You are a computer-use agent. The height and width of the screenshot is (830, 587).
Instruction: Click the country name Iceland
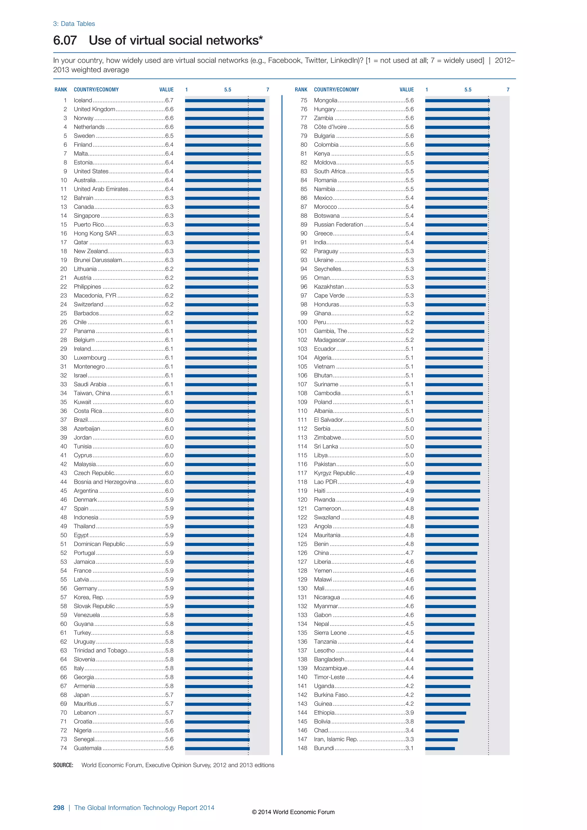(x=83, y=101)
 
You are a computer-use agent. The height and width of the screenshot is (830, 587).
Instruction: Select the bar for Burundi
(x=440, y=748)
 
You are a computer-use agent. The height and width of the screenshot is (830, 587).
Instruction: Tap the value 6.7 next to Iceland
(x=169, y=101)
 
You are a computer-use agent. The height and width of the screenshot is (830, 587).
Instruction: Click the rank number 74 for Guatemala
(x=64, y=748)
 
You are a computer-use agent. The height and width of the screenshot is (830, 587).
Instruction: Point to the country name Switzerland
(x=89, y=304)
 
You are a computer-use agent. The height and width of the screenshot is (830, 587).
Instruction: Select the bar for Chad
(x=442, y=731)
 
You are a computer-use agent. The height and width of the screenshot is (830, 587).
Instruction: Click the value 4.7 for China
(x=409, y=553)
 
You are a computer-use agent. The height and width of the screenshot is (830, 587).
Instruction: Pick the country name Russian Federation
(x=338, y=224)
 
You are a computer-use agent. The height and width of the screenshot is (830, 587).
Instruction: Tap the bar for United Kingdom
(x=224, y=109)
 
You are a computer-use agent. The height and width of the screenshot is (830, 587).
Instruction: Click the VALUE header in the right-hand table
(x=407, y=90)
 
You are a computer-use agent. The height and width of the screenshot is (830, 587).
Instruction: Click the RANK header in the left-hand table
(x=61, y=90)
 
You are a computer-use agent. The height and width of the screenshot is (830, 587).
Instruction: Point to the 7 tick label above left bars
(x=268, y=90)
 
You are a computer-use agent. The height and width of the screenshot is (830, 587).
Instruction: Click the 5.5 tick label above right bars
(x=468, y=90)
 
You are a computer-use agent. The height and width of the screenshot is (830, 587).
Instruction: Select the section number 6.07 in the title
(x=65, y=40)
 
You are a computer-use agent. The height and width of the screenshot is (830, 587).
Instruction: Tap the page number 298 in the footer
(x=58, y=808)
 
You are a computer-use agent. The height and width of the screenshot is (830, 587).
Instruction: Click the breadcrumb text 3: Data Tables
(x=74, y=24)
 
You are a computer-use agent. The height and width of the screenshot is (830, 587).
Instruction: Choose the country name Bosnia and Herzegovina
(x=105, y=482)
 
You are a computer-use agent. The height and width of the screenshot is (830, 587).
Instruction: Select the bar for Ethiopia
(x=445, y=713)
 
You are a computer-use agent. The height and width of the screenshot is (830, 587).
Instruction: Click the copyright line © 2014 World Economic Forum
(x=293, y=812)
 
